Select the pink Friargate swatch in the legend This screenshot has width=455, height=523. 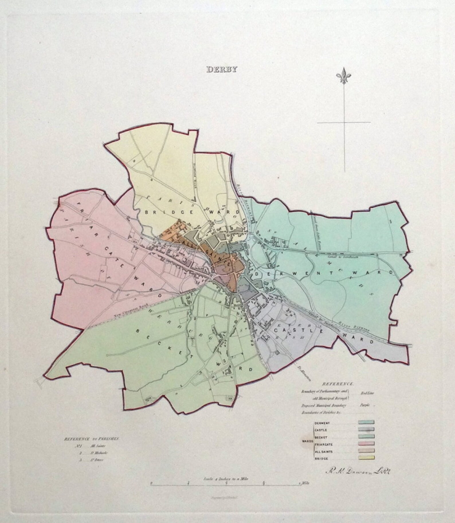(x=366, y=444)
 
